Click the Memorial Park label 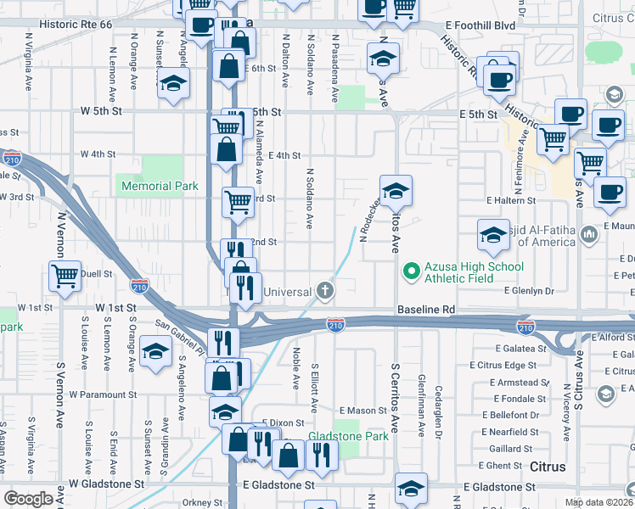(160, 186)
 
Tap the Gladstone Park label (348, 436)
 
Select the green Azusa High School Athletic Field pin (412, 271)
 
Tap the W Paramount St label (103, 394)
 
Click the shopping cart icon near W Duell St (65, 276)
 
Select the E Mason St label (363, 411)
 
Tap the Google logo (28, 499)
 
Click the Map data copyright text (598, 501)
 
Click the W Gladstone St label (106, 484)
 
